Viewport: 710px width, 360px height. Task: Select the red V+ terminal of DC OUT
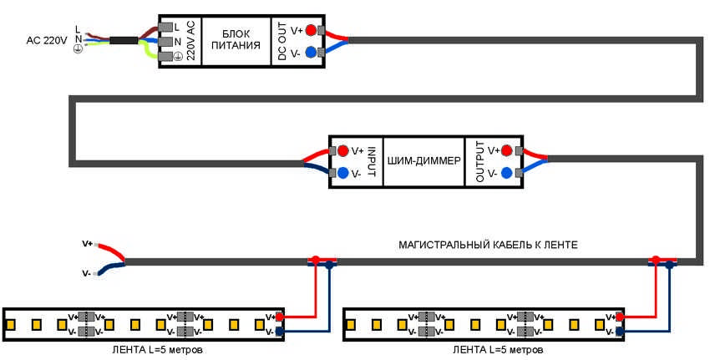tap(311, 30)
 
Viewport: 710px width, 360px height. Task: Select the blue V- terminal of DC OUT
tap(311, 52)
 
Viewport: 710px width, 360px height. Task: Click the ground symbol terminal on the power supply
tap(176, 56)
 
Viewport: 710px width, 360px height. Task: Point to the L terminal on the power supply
tap(176, 26)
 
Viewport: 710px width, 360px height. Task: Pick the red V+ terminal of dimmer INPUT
tap(342, 150)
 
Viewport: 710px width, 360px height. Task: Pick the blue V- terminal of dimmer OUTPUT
tap(505, 173)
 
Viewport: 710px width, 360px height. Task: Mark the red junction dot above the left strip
tap(316, 259)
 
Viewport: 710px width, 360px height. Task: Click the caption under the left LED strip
tap(150, 349)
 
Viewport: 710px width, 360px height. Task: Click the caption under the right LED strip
tap(489, 349)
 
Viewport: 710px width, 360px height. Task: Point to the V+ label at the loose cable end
tap(88, 244)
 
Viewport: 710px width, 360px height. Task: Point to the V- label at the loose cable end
tap(87, 272)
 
